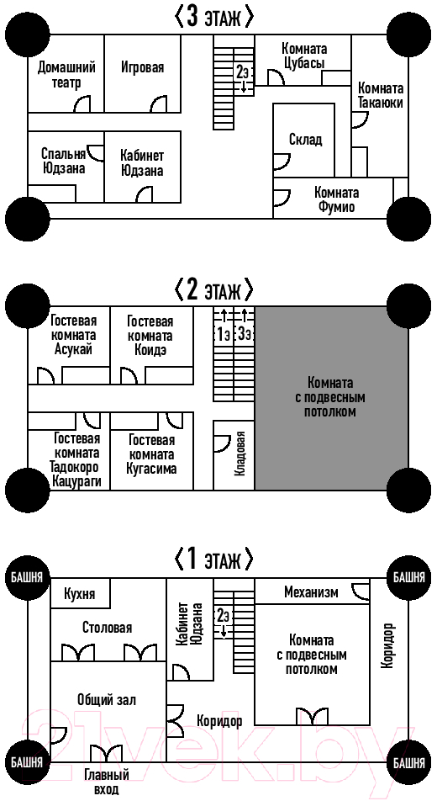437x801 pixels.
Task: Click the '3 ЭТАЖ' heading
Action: [214, 18]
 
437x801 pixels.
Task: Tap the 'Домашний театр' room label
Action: [66, 75]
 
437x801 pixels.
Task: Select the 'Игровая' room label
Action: [143, 67]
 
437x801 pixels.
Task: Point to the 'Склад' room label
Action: [305, 140]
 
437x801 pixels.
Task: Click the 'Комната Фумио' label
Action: [336, 199]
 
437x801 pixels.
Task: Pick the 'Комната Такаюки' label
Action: [381, 96]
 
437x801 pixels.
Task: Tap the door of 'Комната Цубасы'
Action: [276, 77]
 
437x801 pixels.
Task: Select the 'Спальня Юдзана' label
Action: [63, 161]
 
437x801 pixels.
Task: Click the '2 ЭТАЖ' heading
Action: [214, 290]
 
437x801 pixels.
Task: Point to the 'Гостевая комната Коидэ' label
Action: [150, 337]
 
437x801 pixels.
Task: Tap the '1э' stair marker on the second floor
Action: [223, 334]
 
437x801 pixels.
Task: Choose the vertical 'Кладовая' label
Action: [242, 454]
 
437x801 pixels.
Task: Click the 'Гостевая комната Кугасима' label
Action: [152, 454]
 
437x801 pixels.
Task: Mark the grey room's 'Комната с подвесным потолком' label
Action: [330, 397]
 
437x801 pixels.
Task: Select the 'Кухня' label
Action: [80, 594]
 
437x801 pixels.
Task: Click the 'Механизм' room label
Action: [311, 592]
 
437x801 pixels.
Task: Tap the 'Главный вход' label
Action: [107, 782]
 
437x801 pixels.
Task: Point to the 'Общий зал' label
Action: [107, 699]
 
